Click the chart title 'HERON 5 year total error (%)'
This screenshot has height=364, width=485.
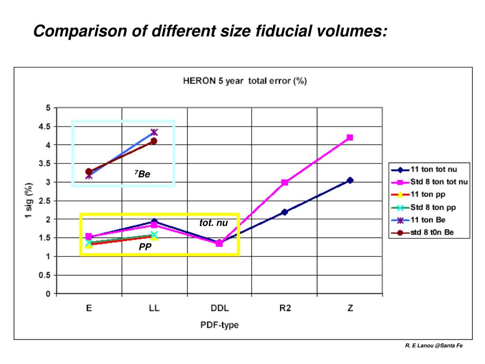tap(244, 81)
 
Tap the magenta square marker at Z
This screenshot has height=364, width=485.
tap(350, 137)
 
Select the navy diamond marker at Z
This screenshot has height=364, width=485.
tap(350, 180)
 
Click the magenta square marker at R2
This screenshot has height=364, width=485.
tap(285, 182)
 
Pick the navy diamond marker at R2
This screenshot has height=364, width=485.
tap(285, 212)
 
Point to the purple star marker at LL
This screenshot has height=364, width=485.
tap(154, 132)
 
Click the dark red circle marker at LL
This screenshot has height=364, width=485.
tap(154, 141)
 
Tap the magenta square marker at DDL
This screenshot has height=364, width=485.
tap(219, 243)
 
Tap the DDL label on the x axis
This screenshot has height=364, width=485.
tap(219, 308)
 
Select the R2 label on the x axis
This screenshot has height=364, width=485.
tap(285, 308)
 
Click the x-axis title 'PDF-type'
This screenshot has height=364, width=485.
tap(218, 325)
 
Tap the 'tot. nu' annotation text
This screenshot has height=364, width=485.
tap(214, 223)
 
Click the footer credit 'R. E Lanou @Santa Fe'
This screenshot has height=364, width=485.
tap(434, 346)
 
